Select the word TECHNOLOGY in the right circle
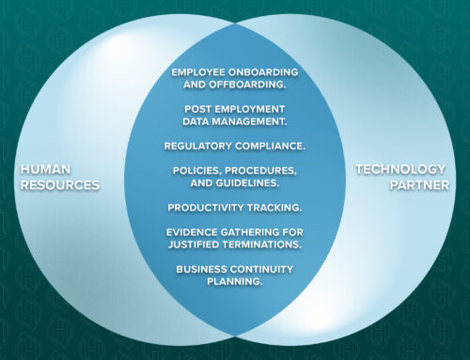pos(390,170)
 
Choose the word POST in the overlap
pos(199,109)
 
